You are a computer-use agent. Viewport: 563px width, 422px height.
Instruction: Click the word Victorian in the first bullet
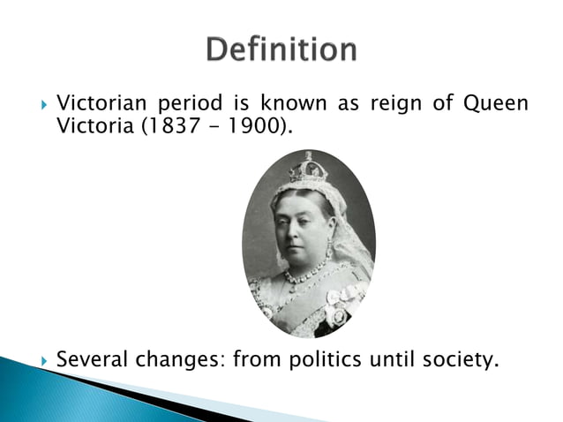tap(100, 106)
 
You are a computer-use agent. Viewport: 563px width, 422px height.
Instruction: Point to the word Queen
tap(499, 106)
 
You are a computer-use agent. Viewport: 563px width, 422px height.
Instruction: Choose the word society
tap(447, 360)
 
